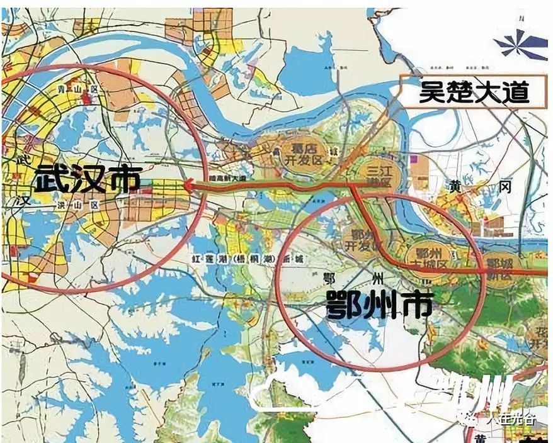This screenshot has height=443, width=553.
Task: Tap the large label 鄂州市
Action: (x=379, y=307)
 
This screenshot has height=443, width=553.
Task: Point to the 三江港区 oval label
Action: (x=379, y=174)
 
